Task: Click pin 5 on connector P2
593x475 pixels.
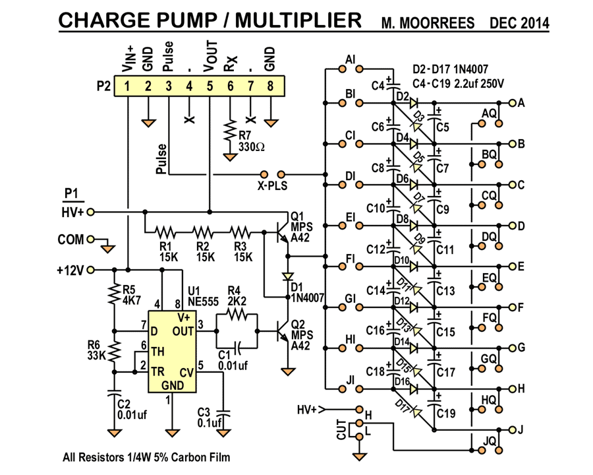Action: point(210,86)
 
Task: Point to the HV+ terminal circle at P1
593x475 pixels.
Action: point(90,212)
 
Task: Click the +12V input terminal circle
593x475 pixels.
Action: point(90,270)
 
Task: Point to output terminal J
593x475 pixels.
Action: point(511,430)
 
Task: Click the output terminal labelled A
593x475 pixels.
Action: point(511,103)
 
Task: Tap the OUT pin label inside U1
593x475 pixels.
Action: point(183,331)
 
